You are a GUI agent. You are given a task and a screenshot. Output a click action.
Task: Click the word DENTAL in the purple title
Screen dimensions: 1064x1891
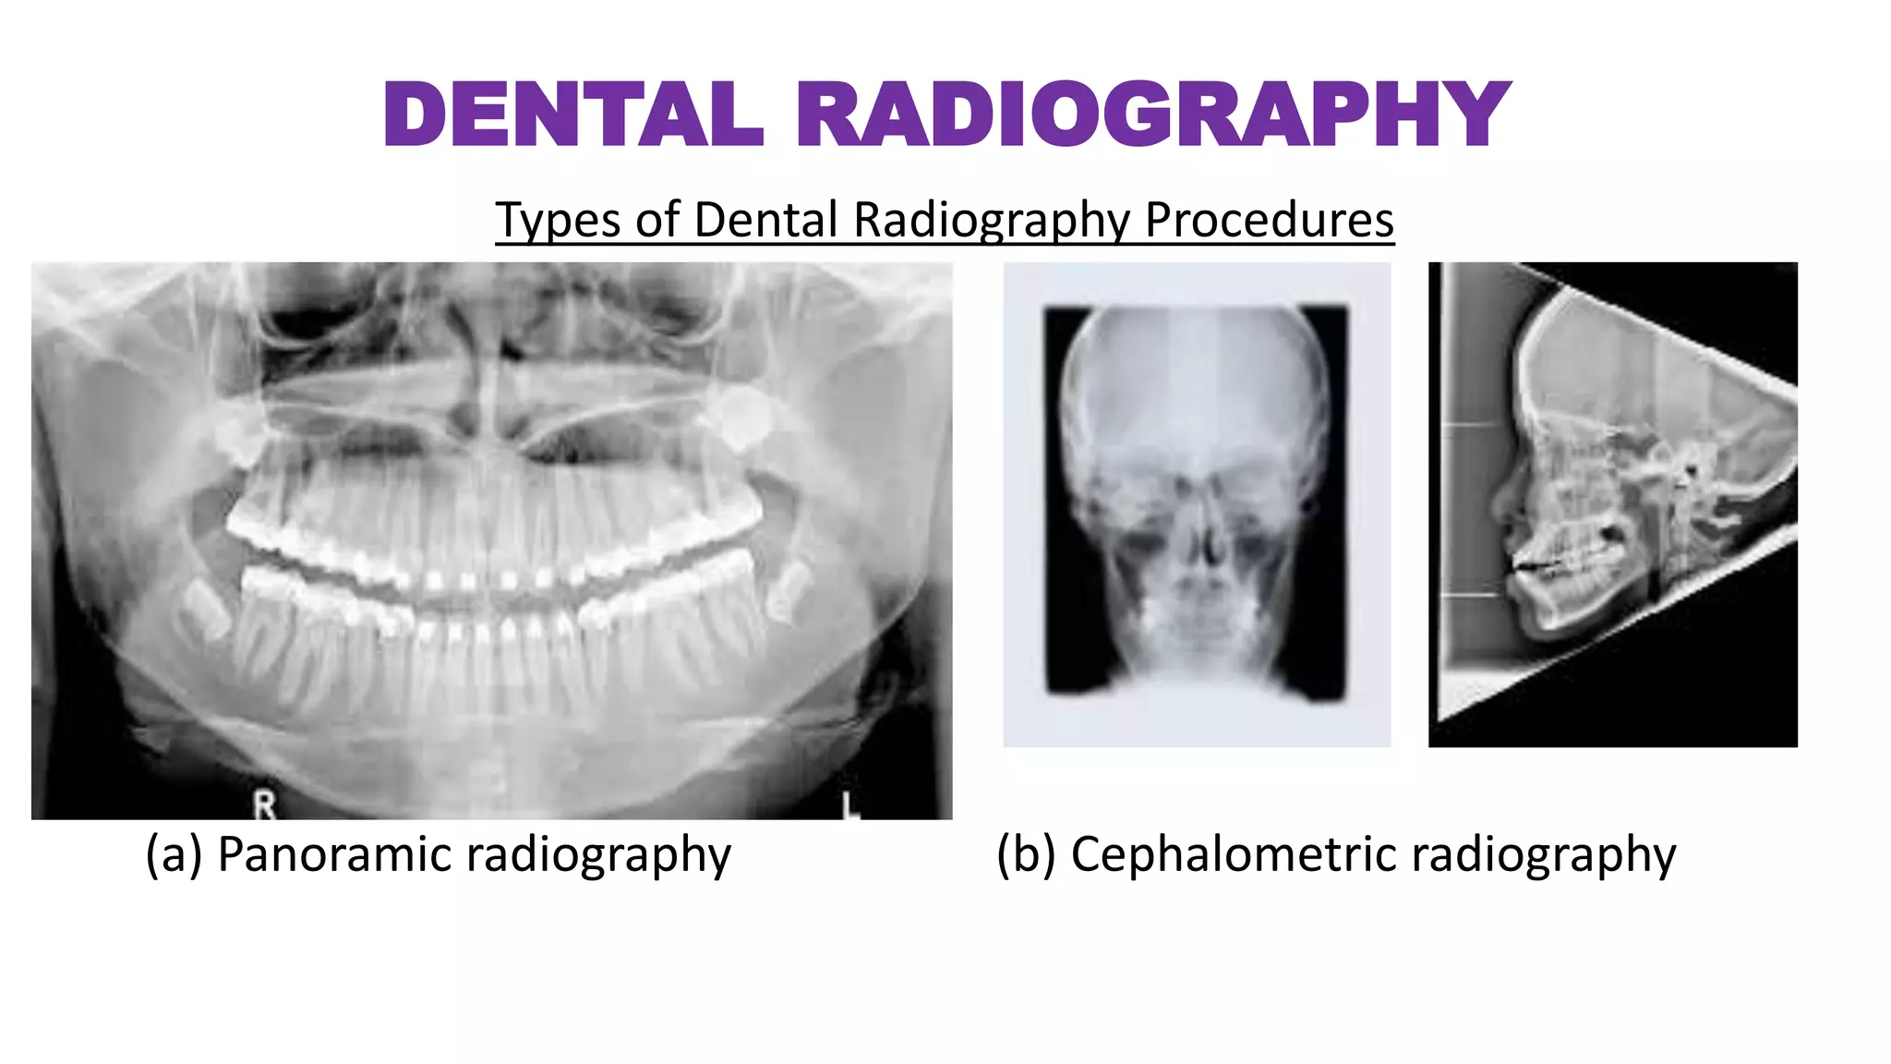click(572, 115)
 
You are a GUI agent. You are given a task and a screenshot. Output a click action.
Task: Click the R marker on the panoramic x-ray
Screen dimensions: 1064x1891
click(264, 806)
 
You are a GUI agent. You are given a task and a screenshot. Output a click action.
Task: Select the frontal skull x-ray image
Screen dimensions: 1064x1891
click(1197, 504)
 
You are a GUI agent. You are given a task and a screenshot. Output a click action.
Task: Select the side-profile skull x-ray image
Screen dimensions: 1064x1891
click(1612, 504)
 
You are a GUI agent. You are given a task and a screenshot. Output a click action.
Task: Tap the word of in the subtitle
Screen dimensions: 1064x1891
click(657, 220)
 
